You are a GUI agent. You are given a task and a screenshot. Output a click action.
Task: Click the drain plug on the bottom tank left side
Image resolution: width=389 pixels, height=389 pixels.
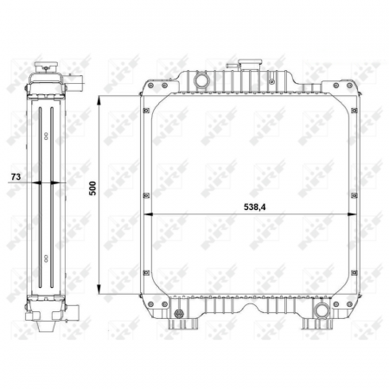click(x=178, y=313)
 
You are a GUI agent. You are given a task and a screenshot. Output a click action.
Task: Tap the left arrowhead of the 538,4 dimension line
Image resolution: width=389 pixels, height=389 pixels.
click(x=145, y=214)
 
